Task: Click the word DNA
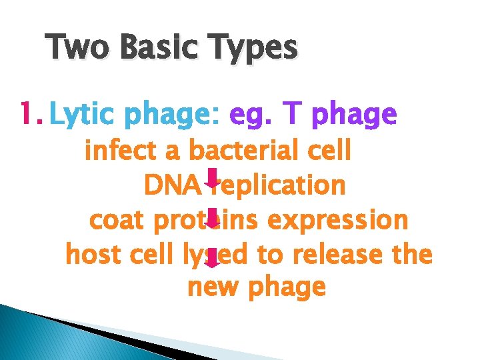pos(171,185)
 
